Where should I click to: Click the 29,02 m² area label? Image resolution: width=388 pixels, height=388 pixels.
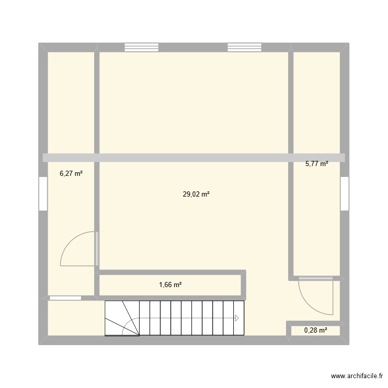[x=196, y=195]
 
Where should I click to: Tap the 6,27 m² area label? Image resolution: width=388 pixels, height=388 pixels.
[x=71, y=174]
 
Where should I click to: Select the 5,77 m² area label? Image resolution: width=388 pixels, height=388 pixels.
[x=316, y=164]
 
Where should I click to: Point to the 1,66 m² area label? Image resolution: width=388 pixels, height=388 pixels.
[x=170, y=285]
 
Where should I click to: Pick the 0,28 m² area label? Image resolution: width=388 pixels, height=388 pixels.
[x=315, y=330]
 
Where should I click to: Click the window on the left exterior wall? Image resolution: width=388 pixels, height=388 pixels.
[x=43, y=194]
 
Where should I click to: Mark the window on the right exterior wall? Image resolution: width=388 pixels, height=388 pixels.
[x=344, y=193]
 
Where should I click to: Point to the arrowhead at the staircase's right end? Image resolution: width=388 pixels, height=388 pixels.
[x=237, y=318]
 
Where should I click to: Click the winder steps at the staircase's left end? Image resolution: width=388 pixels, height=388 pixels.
[x=122, y=318]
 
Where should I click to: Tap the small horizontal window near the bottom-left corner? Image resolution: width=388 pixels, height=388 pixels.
[x=65, y=298]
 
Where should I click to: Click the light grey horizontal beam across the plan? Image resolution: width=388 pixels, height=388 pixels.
[x=193, y=158]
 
